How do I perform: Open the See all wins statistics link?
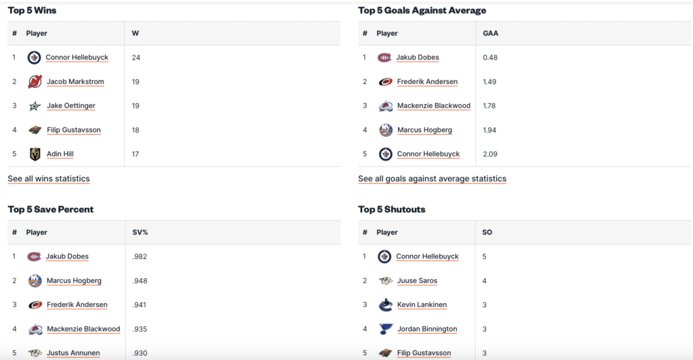(x=49, y=179)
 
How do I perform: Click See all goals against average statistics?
(x=432, y=179)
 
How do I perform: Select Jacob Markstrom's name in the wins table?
(x=75, y=82)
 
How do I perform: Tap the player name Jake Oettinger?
(x=71, y=106)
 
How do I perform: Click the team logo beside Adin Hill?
(x=35, y=154)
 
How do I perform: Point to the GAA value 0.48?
(x=490, y=58)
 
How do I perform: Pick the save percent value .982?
(x=140, y=256)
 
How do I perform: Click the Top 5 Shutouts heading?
(x=392, y=209)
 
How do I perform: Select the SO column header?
(x=487, y=232)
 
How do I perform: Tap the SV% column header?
(x=140, y=232)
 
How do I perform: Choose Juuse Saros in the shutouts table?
(x=417, y=281)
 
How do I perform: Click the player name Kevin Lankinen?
(x=422, y=305)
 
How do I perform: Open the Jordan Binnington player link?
(x=427, y=329)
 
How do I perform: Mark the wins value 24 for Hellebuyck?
(x=136, y=58)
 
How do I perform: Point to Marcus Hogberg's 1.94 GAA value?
(x=490, y=130)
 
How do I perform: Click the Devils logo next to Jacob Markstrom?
(x=35, y=82)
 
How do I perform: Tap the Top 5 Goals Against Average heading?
(x=422, y=10)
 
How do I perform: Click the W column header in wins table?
(x=135, y=33)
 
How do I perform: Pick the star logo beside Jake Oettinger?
(x=35, y=106)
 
